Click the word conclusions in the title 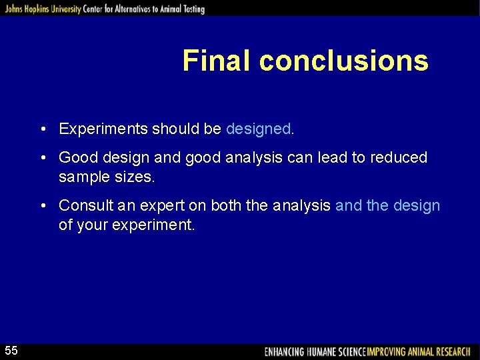343,61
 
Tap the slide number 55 12,351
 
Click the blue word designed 258,129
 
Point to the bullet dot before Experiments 42,129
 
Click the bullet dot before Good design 42,158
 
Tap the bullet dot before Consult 42,206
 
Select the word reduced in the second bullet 399,158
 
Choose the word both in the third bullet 226,206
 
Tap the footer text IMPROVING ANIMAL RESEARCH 419,351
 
